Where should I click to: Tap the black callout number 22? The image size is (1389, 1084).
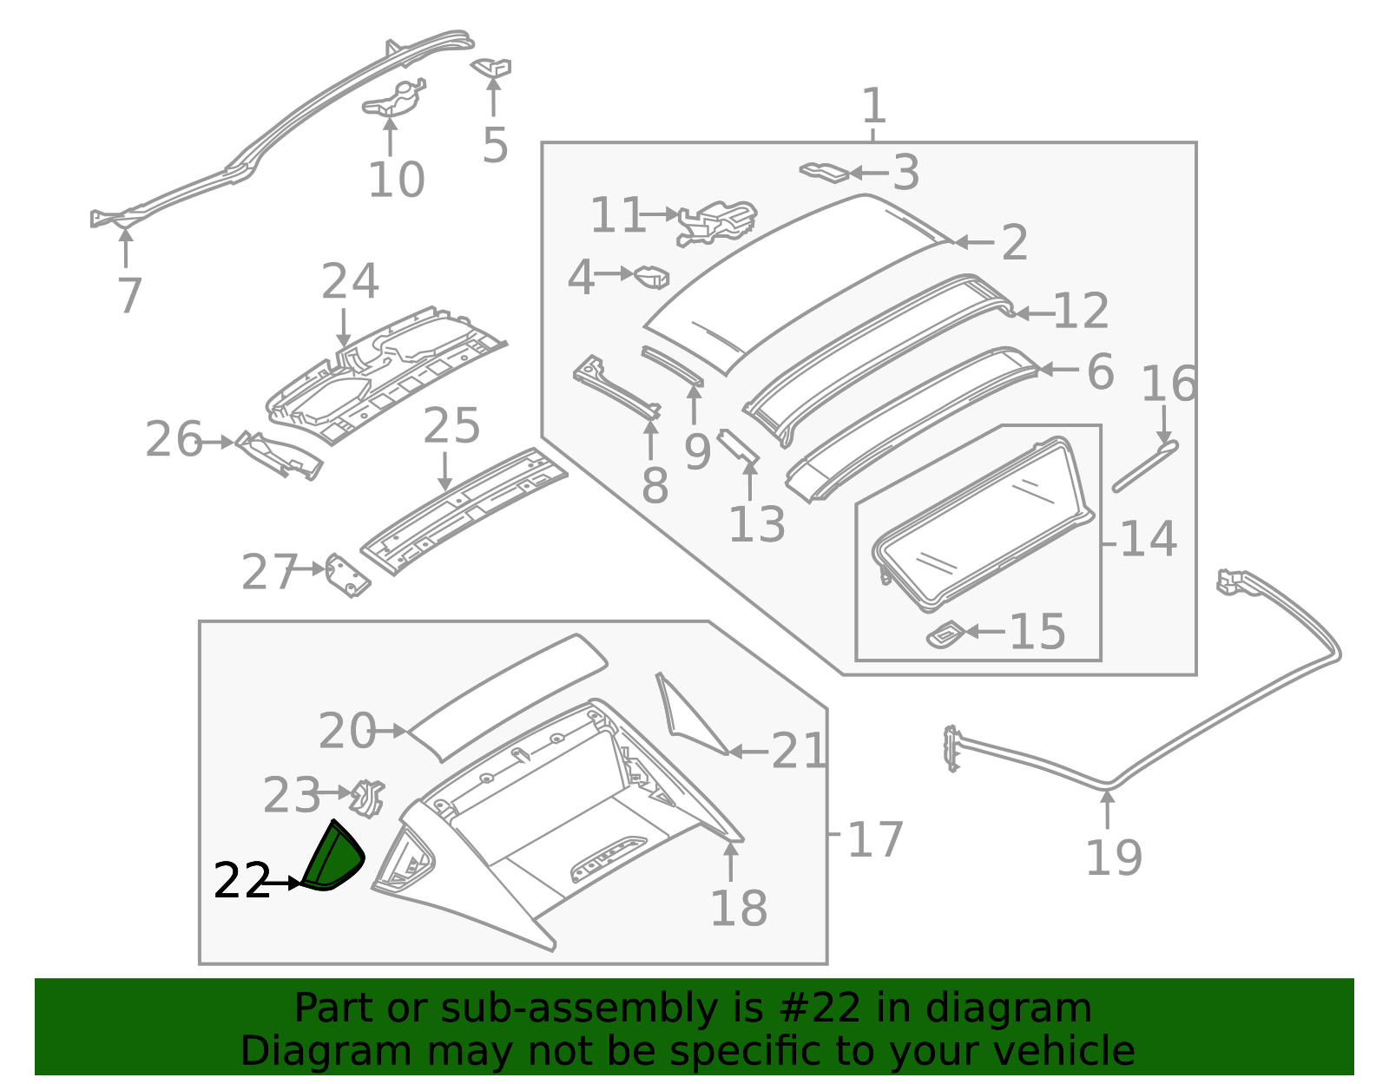pyautogui.click(x=240, y=882)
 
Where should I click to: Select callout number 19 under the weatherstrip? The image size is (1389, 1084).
pyautogui.click(x=1113, y=857)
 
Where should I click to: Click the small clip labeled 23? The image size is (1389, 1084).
pyautogui.click(x=368, y=797)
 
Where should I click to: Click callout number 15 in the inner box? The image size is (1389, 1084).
pyautogui.click(x=1037, y=631)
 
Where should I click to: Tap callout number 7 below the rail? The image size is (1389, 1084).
pyautogui.click(x=128, y=295)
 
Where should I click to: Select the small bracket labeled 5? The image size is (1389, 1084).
pyautogui.click(x=492, y=67)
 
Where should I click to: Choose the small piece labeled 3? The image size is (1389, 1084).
pyautogui.click(x=824, y=171)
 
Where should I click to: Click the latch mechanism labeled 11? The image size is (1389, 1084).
pyautogui.click(x=717, y=222)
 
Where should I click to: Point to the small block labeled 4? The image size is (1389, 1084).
pyautogui.click(x=652, y=277)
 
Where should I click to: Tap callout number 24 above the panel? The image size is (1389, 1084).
pyautogui.click(x=350, y=281)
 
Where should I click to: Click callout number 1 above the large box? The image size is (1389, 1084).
pyautogui.click(x=873, y=106)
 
